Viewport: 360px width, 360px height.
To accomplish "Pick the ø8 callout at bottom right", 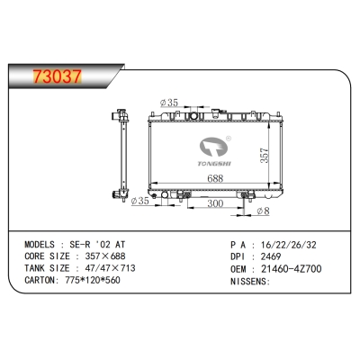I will click(x=262, y=211).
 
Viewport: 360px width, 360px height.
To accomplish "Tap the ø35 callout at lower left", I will click(x=139, y=201).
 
